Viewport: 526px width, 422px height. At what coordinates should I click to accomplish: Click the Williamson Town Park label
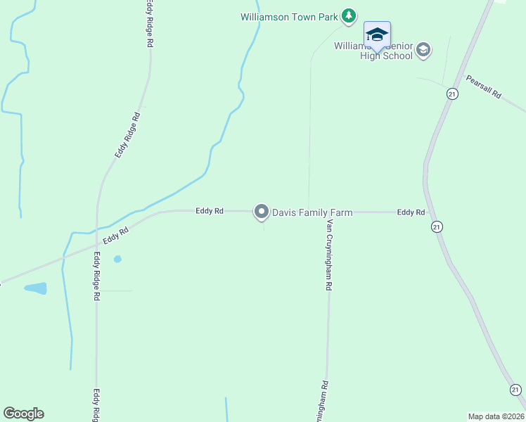[289, 16]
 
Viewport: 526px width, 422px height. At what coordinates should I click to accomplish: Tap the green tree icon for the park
[348, 15]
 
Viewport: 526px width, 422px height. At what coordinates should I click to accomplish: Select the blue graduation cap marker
[377, 35]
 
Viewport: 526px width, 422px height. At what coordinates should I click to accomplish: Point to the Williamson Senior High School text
[373, 51]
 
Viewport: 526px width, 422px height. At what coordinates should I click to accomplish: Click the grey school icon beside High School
[423, 50]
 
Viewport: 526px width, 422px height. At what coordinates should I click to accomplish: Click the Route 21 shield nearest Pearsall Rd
[453, 94]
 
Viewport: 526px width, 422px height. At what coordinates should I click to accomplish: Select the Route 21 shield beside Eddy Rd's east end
[437, 226]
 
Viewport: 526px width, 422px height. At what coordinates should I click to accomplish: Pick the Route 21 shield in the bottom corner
[515, 390]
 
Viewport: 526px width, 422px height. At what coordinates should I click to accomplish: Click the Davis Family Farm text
[312, 212]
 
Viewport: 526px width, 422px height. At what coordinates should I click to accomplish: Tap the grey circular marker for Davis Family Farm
[262, 212]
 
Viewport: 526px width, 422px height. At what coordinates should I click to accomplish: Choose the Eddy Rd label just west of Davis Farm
[210, 210]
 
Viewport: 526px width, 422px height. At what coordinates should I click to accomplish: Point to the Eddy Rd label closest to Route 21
[411, 212]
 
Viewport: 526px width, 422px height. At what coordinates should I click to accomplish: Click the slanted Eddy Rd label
[115, 236]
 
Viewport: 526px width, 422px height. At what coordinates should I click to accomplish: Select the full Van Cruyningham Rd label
[328, 255]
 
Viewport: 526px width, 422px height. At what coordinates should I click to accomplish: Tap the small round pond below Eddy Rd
[117, 259]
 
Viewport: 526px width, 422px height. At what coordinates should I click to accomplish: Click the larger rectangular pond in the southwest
[35, 288]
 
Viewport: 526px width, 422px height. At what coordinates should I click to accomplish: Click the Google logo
[23, 414]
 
